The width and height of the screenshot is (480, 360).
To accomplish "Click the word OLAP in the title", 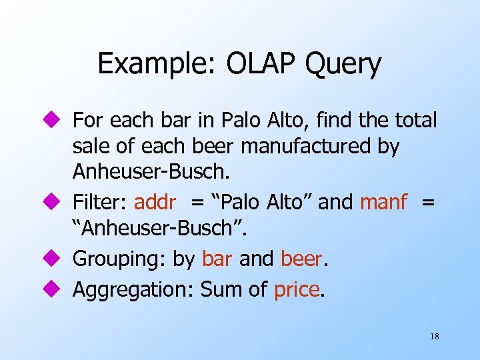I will click(x=254, y=64).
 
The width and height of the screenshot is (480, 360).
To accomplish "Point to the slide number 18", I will click(x=434, y=337).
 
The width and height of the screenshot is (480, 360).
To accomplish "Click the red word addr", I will click(x=155, y=202).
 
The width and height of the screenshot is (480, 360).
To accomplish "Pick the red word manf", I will click(x=383, y=202).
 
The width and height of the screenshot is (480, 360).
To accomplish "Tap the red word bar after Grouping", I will click(x=217, y=259).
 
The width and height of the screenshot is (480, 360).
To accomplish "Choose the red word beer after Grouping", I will click(x=302, y=259).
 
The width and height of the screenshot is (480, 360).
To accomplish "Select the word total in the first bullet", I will click(x=415, y=121).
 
